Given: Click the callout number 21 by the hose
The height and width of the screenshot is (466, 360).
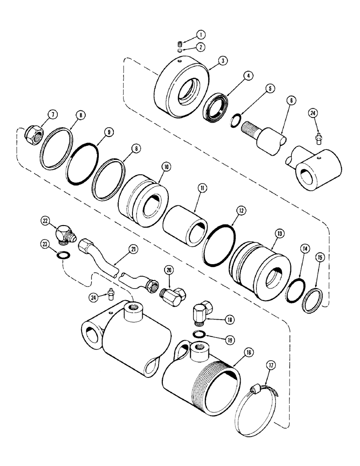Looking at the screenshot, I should point(133,250).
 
